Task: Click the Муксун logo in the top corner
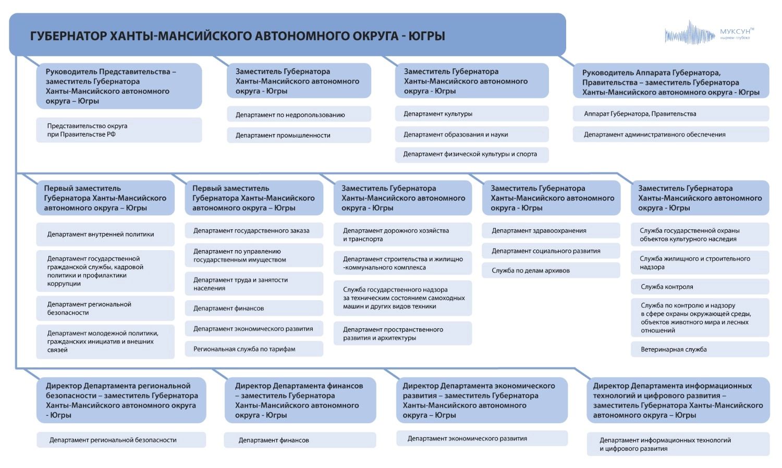tap(709, 34)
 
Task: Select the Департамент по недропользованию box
tap(299, 115)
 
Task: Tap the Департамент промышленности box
tap(299, 135)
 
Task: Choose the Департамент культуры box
tap(471, 114)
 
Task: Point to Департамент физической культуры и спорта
tap(471, 154)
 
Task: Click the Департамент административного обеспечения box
tap(670, 134)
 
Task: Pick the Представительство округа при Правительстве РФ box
tap(119, 130)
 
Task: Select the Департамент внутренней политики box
tap(105, 235)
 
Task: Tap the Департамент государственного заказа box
tap(254, 230)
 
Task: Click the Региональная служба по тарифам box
tap(254, 349)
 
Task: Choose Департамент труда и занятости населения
tap(254, 284)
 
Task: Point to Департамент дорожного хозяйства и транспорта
tap(402, 235)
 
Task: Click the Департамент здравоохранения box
tap(551, 230)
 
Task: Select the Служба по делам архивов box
tap(551, 270)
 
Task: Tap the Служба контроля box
tap(700, 287)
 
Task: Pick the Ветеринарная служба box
tap(700, 349)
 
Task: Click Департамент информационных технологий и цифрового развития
tap(678, 444)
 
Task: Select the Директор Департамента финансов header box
tap(300, 400)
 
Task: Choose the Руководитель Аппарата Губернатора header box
tap(671, 82)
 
